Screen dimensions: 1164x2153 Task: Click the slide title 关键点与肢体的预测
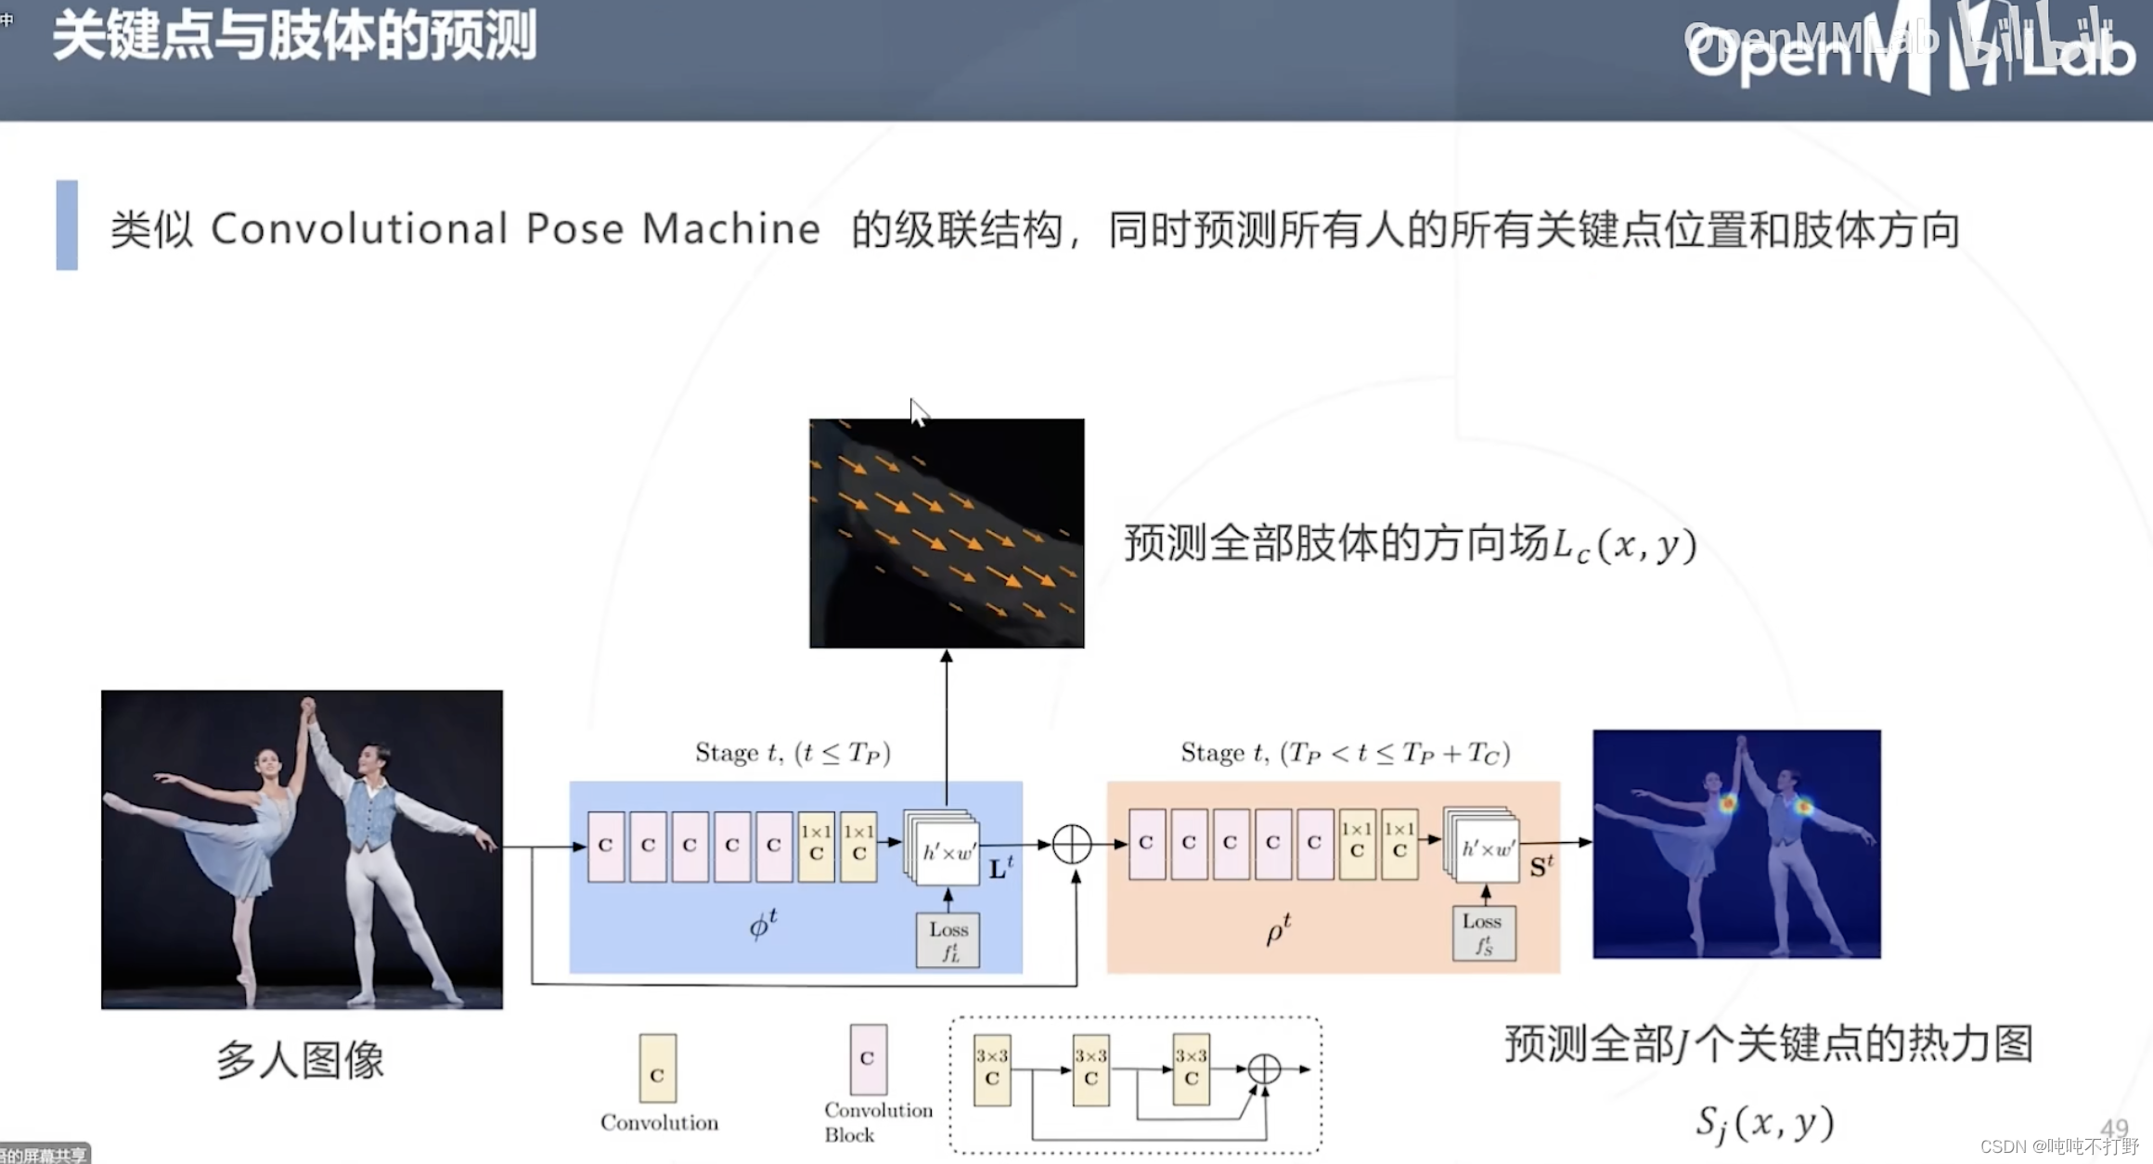coord(294,37)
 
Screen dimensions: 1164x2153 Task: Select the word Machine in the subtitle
coord(730,229)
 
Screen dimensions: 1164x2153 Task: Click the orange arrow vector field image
coord(947,533)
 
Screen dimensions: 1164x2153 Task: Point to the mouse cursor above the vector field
coord(917,411)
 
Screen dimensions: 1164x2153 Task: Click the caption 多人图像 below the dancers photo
coord(300,1059)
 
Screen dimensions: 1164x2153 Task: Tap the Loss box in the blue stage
coord(948,940)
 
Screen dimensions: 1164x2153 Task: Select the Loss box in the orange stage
coord(1483,933)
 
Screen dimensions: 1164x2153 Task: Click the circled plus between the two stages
coord(1072,845)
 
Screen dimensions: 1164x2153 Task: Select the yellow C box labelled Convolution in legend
coord(657,1068)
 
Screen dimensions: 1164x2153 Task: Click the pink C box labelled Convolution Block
coord(868,1059)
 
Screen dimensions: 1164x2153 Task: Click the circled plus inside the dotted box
coord(1264,1069)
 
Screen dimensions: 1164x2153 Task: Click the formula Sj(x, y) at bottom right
coord(1764,1123)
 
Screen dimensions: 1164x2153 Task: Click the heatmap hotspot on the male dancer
coord(1803,807)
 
